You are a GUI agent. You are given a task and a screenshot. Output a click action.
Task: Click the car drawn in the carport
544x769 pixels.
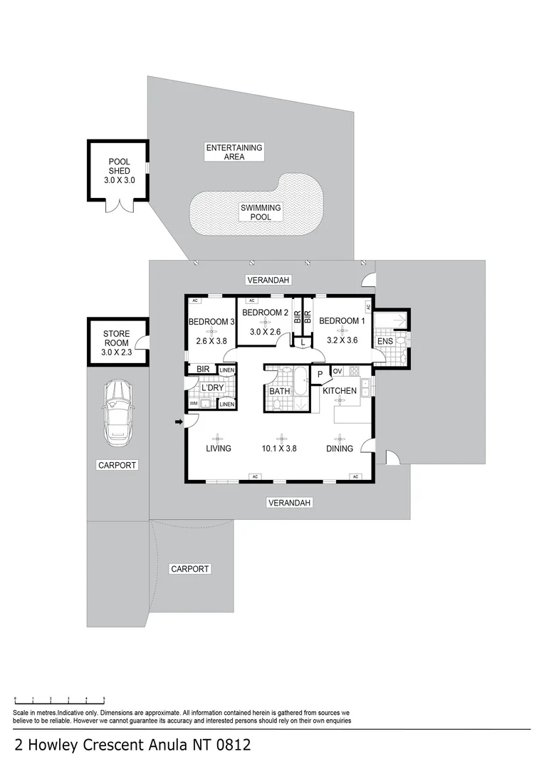[117, 413]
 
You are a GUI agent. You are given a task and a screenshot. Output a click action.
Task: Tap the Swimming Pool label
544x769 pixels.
[261, 212]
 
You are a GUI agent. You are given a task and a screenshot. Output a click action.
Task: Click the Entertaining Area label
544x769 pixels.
[234, 152]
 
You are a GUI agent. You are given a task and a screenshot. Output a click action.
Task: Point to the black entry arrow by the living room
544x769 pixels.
[179, 422]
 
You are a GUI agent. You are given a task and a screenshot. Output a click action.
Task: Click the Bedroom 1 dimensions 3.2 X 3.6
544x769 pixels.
[342, 340]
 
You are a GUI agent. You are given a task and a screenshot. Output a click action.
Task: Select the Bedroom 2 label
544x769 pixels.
[266, 313]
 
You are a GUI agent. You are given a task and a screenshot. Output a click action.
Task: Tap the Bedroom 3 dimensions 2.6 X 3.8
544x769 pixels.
[211, 341]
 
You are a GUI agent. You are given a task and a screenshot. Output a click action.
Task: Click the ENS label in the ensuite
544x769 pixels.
[385, 341]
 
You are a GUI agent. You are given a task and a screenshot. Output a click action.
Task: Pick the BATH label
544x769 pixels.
[280, 391]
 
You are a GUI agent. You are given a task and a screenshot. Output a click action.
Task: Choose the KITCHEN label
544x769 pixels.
[340, 390]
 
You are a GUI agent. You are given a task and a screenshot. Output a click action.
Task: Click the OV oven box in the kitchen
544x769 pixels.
[338, 371]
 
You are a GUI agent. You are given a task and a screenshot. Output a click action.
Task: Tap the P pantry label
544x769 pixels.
[320, 375]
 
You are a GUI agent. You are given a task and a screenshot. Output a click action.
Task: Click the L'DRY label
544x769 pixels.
[212, 387]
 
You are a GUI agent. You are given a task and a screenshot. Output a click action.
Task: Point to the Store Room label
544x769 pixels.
[117, 342]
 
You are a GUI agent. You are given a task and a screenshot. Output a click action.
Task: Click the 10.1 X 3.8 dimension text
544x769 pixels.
[279, 449]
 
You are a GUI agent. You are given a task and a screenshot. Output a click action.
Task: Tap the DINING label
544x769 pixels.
[340, 449]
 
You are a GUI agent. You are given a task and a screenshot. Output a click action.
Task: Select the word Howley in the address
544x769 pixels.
[53, 746]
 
